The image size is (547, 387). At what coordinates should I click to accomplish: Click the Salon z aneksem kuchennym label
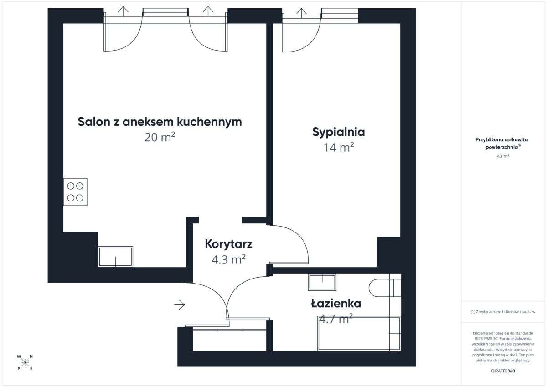click(x=160, y=122)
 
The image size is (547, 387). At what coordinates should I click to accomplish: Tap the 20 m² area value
click(x=160, y=137)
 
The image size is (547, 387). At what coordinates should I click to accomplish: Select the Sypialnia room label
click(x=338, y=132)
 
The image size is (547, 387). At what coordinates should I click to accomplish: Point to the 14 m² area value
click(x=338, y=148)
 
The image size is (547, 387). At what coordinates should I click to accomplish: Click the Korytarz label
click(x=228, y=244)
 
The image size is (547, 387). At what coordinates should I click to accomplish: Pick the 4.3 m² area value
click(x=228, y=259)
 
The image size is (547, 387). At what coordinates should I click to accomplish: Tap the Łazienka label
click(x=336, y=303)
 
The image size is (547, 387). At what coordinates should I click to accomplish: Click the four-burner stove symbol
click(x=75, y=192)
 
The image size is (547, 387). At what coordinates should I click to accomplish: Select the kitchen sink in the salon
click(x=116, y=257)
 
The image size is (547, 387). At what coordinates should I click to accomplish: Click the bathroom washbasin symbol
click(x=322, y=282)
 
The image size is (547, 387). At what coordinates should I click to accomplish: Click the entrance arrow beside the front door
click(x=180, y=305)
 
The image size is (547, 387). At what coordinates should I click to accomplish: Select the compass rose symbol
click(x=25, y=362)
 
